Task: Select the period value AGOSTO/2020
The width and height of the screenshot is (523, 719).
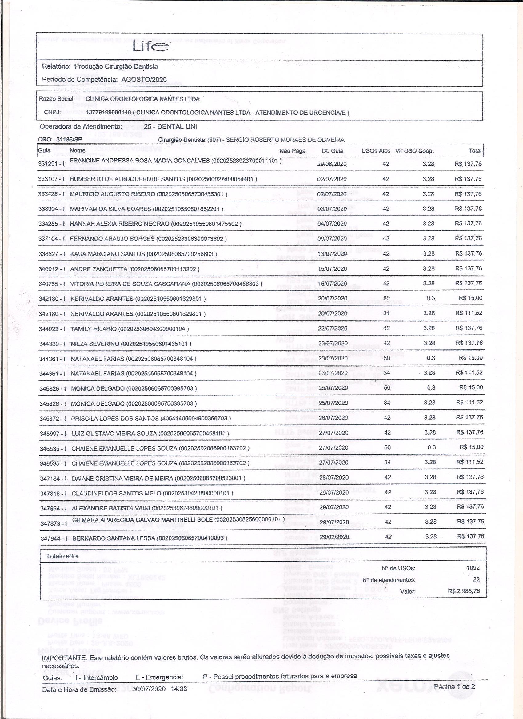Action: [144, 80]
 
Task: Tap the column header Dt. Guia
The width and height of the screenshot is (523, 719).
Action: [332, 151]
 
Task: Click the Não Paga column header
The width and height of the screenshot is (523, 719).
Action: [293, 151]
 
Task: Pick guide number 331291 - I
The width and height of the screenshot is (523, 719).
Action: [51, 164]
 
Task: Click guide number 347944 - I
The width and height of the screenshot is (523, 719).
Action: [54, 538]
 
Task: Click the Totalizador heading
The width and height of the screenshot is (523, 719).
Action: [62, 556]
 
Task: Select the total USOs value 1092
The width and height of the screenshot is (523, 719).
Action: [473, 568]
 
